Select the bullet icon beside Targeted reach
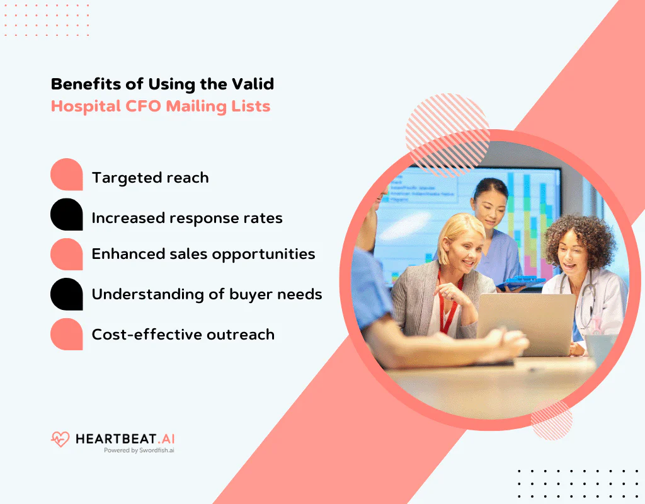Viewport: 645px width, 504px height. click(67, 175)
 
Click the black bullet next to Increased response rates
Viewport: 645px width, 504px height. click(67, 215)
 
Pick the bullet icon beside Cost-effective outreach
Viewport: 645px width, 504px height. click(67, 335)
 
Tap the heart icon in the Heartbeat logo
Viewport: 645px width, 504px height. click(60, 438)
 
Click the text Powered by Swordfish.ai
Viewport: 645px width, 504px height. click(139, 450)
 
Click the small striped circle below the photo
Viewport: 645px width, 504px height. click(551, 420)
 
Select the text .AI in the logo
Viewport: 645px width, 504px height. click(162, 438)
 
